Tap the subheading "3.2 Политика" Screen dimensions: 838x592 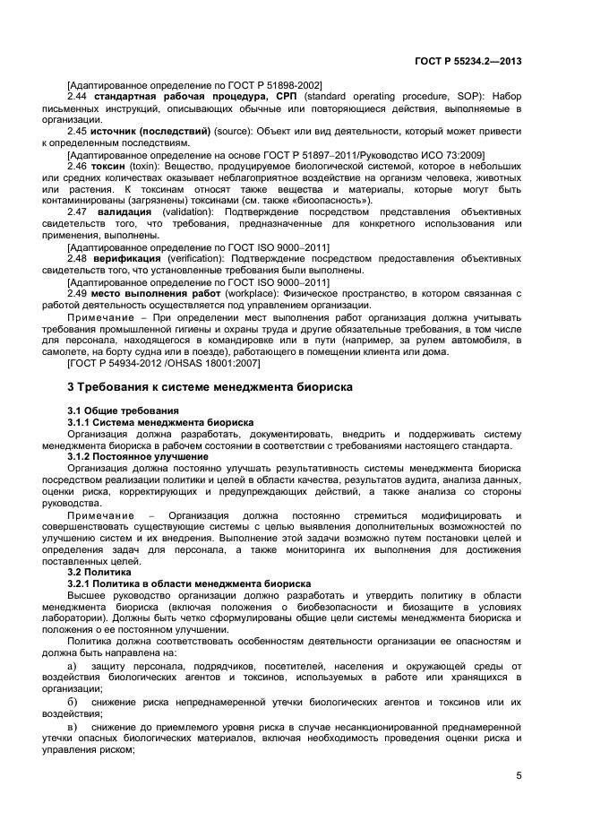point(99,571)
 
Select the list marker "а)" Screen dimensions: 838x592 point(73,666)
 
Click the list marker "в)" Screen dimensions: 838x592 point(73,724)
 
